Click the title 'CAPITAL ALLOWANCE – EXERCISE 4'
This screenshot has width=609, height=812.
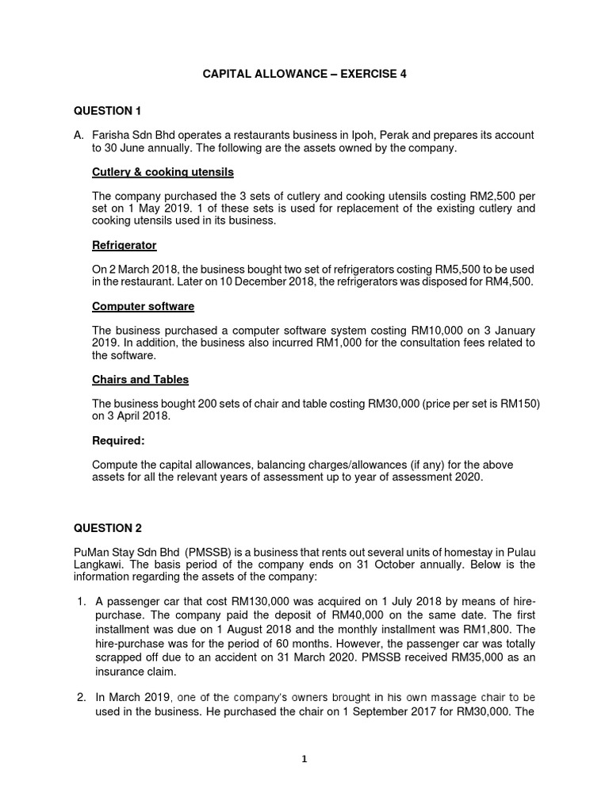(304, 74)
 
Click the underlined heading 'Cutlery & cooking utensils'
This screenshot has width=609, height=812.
(163, 172)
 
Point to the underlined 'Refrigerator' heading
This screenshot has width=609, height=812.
(124, 245)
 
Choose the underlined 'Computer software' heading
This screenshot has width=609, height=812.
(143, 306)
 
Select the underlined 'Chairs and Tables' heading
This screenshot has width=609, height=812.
(140, 379)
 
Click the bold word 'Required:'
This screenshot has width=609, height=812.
(119, 440)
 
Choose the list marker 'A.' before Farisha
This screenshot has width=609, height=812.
(79, 136)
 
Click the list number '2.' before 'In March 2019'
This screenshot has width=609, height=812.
(81, 697)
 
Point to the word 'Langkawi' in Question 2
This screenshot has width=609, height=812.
(99, 564)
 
